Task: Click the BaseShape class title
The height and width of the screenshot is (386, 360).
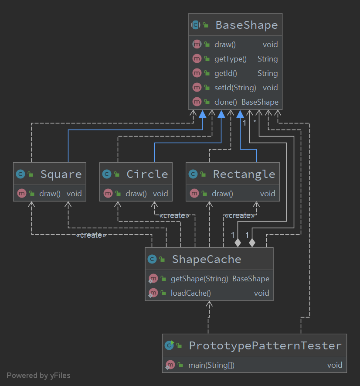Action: (246, 25)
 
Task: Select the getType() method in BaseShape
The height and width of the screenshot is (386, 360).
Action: (230, 59)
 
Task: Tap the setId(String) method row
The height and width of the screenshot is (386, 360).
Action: (235, 88)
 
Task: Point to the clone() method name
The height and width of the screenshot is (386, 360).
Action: (225, 102)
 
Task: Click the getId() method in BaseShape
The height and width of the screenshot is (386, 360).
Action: (226, 73)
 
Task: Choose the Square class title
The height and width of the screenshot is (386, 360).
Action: (61, 174)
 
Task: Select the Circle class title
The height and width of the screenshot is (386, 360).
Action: (147, 174)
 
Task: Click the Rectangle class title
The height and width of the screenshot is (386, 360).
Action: (244, 174)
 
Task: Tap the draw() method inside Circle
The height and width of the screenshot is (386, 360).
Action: (136, 193)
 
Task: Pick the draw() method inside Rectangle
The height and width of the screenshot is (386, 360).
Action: (222, 193)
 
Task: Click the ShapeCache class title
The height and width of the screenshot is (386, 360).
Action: (206, 260)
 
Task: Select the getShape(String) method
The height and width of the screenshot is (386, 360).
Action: (199, 279)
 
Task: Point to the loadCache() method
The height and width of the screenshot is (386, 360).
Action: (190, 293)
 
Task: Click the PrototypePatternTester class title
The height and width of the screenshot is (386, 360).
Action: (265, 346)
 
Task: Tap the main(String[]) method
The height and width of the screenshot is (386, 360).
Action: (211, 365)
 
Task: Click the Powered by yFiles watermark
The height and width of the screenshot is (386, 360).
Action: (38, 376)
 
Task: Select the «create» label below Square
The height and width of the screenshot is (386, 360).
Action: (91, 236)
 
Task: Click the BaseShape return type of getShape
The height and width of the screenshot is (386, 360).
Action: (251, 279)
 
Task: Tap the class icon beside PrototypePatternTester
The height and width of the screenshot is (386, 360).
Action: (170, 346)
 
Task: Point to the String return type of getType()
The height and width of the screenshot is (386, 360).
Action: (267, 59)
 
